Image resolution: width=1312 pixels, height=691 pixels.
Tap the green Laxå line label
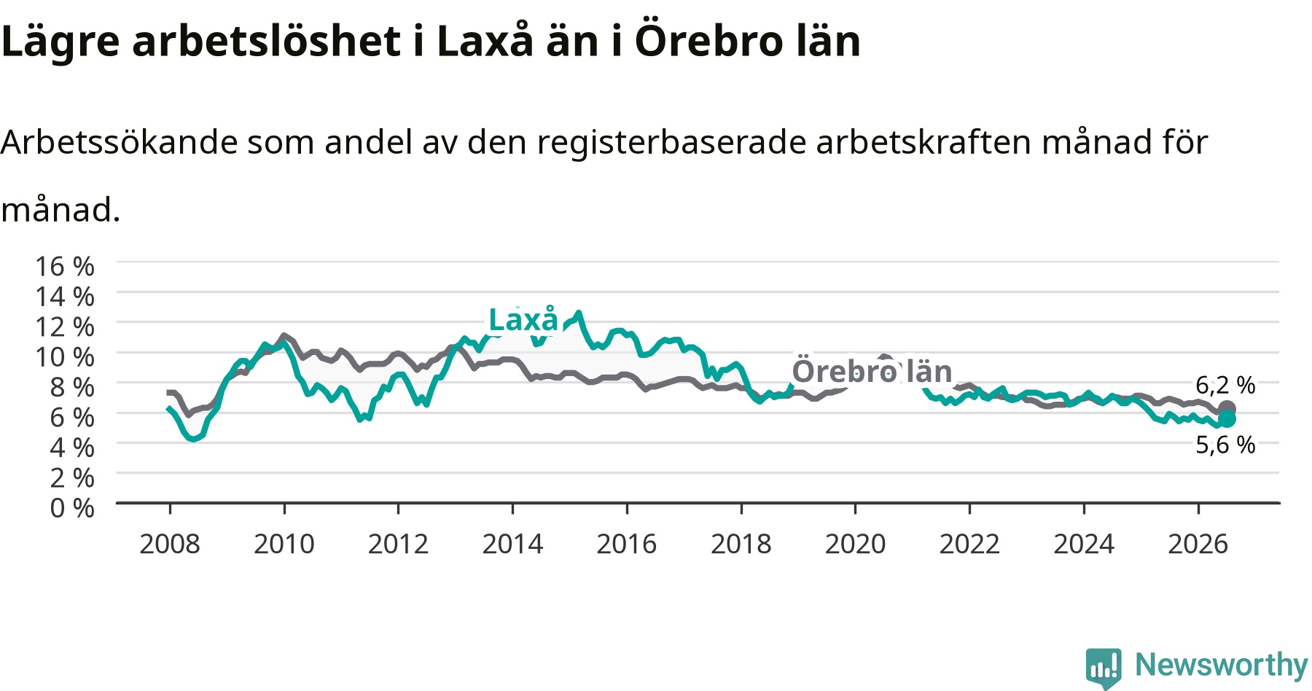point(523,320)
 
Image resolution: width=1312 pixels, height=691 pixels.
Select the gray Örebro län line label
point(872,371)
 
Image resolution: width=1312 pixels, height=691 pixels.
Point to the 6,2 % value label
point(1225,385)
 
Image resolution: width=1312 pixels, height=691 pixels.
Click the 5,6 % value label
point(1225,445)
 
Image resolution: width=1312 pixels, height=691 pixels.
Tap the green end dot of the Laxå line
point(1227,418)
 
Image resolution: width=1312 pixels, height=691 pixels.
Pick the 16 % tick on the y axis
point(65,266)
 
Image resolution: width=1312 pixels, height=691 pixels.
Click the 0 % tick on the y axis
point(72,507)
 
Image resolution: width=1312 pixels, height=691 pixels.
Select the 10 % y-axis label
point(65,356)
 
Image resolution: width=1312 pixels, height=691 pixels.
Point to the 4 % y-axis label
point(72,447)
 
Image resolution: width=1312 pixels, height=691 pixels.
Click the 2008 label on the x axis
point(170,544)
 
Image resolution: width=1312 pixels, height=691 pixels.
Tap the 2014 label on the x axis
point(512,544)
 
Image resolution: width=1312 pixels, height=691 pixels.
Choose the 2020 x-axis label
point(855,544)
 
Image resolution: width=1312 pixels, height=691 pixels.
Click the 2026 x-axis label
point(1198,544)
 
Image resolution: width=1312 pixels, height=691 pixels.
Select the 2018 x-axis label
point(741,544)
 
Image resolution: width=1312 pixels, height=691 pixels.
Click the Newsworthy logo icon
point(1104,667)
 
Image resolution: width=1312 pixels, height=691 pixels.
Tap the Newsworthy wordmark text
point(1222,665)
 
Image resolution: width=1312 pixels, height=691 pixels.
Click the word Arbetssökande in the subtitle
point(119,142)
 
